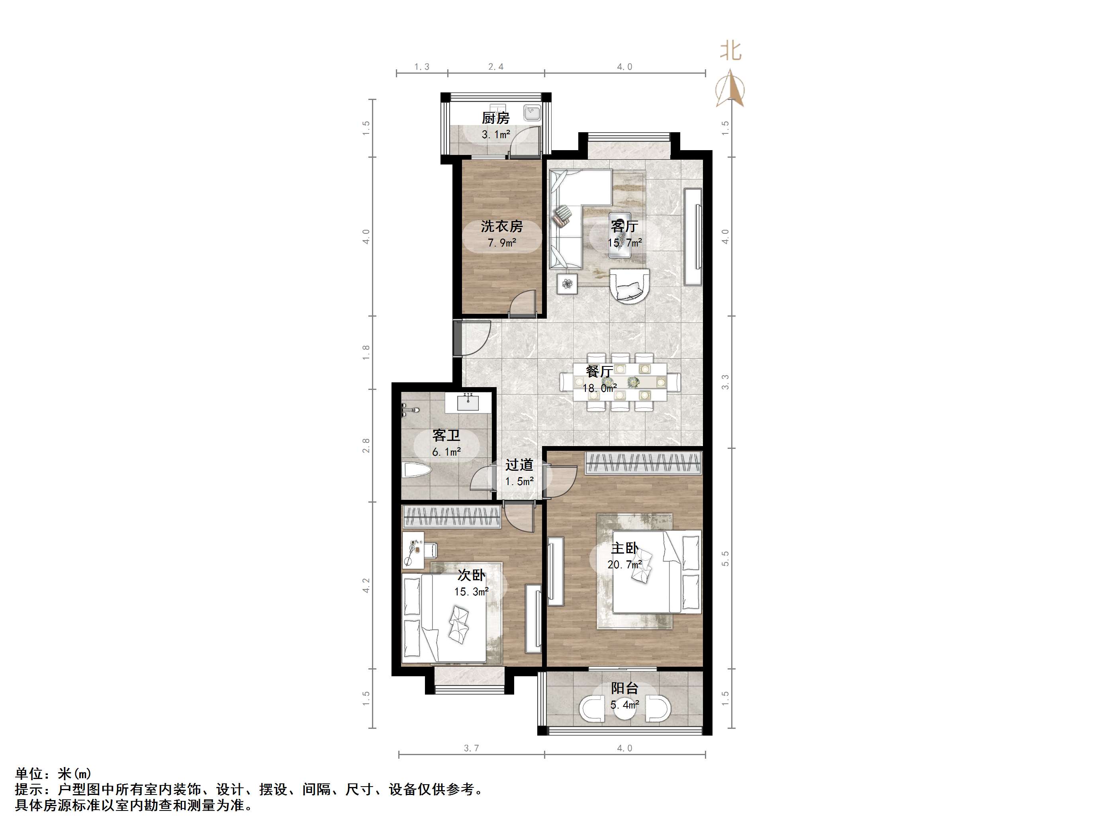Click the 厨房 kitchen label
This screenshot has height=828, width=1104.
tap(495, 118)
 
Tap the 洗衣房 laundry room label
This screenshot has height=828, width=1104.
tap(501, 226)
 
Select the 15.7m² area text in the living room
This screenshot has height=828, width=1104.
tap(624, 243)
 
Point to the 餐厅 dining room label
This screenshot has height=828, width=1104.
tap(599, 371)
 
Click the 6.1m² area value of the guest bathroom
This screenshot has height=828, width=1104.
tap(446, 452)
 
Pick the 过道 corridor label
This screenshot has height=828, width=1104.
tap(519, 465)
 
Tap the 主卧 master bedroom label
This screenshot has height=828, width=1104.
tap(624, 548)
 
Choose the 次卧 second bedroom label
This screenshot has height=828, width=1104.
tap(471, 575)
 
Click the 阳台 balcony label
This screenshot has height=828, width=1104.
tap(624, 689)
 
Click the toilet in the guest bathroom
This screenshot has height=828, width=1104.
tap(416, 471)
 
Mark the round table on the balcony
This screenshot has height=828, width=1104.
tap(624, 709)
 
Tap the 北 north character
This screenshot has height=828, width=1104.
tap(731, 51)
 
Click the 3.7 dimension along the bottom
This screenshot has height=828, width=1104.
tap(471, 748)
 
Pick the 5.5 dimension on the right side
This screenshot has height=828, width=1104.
tap(726, 558)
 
